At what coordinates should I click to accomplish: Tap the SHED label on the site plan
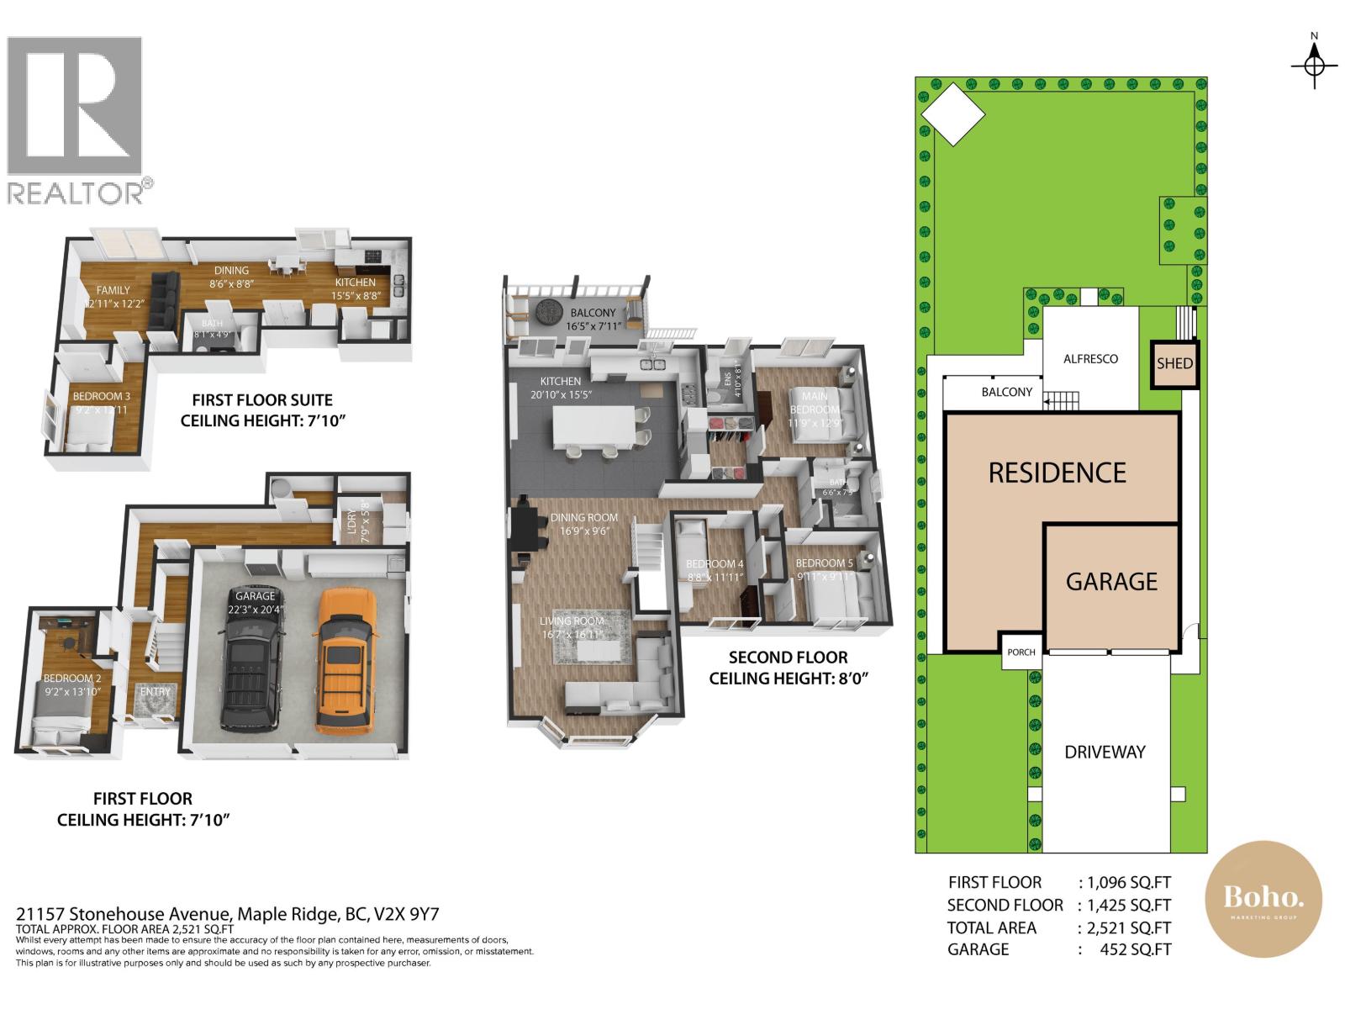tap(1174, 363)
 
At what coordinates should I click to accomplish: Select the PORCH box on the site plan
tap(1021, 652)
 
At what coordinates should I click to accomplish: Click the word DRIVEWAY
tap(1105, 753)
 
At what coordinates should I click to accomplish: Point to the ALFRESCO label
tap(1090, 359)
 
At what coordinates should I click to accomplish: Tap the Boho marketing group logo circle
tap(1263, 899)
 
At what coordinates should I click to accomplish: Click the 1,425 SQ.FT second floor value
tap(1128, 906)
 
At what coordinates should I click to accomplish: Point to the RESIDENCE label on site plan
tap(1057, 473)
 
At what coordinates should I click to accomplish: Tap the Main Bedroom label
tap(814, 403)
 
